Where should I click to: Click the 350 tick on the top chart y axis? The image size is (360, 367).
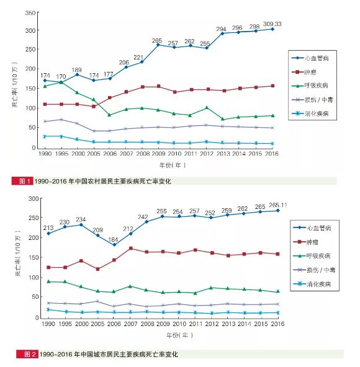click(x=30, y=12)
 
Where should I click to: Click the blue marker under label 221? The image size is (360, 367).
click(x=143, y=62)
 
